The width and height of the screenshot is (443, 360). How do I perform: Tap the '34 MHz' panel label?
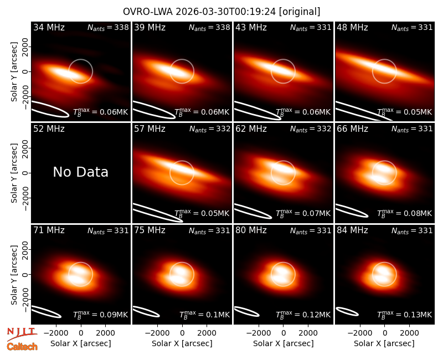coord(49,27)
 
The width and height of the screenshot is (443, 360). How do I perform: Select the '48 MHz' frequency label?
coord(352,27)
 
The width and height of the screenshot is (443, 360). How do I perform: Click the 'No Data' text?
coord(81,172)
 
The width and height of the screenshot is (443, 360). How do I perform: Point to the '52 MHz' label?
coord(49,129)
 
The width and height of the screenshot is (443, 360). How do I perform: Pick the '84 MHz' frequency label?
coord(352,230)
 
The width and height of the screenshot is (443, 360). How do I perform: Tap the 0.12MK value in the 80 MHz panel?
coord(316,315)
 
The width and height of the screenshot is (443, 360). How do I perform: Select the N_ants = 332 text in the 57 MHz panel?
coord(210,129)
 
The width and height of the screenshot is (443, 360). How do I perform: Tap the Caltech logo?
coord(22,347)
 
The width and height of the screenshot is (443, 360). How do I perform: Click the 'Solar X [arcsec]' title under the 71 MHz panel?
coord(81,343)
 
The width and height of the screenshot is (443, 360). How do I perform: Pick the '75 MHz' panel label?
coord(150,230)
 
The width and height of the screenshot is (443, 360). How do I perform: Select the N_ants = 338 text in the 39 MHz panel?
coord(210,28)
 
